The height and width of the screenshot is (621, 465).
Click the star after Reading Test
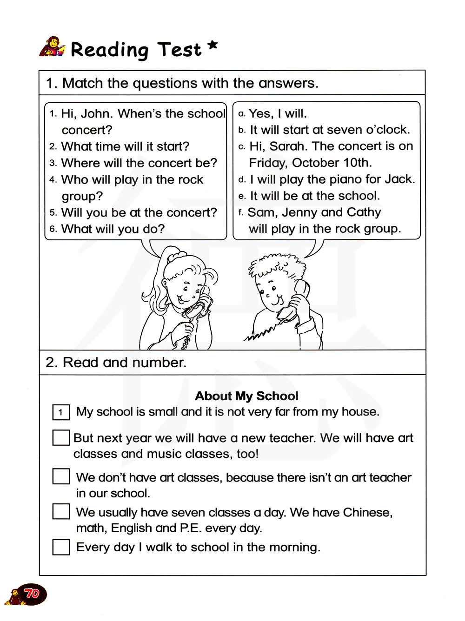pos(212,45)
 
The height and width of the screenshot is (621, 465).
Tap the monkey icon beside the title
pos(53,47)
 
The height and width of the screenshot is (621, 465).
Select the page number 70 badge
pos(31,594)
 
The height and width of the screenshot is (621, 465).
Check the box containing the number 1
pos(61,412)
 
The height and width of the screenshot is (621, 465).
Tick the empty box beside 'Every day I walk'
pos(61,547)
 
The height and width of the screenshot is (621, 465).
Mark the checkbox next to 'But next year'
pos(61,437)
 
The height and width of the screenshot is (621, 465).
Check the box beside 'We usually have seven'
pos(61,511)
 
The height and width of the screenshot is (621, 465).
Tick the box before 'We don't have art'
pos(61,476)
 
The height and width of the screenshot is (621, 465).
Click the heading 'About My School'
pos(246,396)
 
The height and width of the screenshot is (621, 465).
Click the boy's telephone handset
pos(295,300)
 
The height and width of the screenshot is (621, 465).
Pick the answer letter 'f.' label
pos(240,213)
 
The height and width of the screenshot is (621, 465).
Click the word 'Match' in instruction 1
pos(82,83)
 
